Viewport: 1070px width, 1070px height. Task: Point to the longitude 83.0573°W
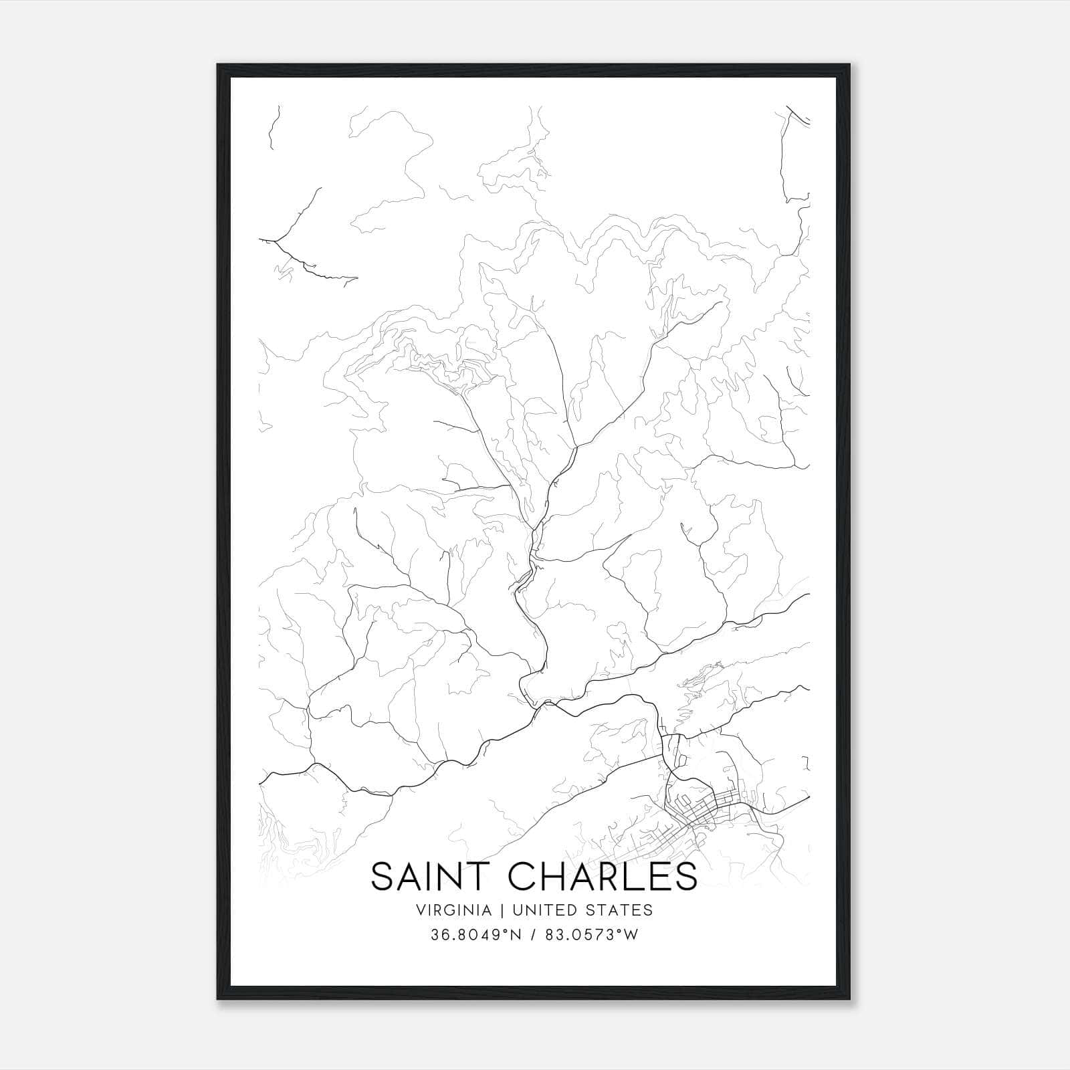click(x=593, y=934)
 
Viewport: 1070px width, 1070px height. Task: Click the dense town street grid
click(x=702, y=809)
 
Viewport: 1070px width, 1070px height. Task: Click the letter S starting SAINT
click(x=382, y=877)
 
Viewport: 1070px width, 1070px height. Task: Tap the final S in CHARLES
click(x=686, y=877)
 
